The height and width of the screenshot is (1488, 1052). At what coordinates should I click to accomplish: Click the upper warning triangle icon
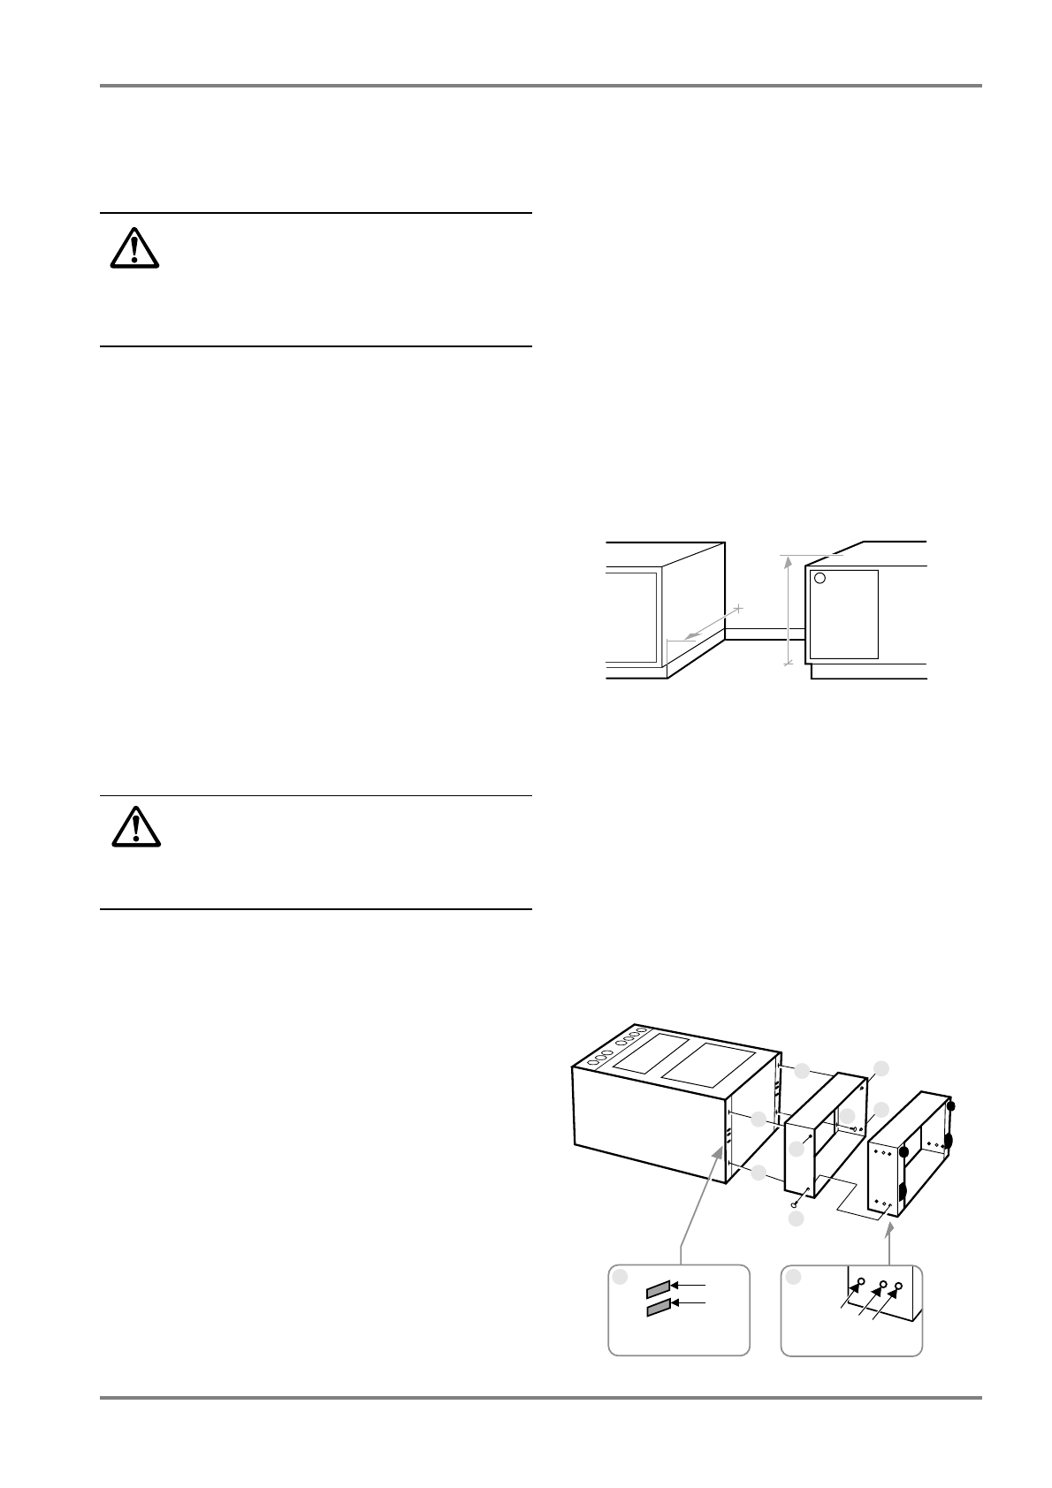134,248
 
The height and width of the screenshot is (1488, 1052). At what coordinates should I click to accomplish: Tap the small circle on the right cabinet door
819,579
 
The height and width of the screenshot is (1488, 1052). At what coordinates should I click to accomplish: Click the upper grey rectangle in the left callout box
657,1286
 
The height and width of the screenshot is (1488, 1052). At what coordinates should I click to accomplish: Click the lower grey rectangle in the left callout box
657,1308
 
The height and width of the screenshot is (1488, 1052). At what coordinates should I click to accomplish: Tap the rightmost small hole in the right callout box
900,1287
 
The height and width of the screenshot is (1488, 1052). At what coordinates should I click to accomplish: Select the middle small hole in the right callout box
881,1284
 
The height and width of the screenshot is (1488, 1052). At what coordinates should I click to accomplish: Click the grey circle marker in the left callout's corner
621,1276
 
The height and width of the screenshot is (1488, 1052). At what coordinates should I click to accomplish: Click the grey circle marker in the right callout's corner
794,1276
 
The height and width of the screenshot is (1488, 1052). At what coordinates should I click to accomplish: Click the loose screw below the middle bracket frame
795,1202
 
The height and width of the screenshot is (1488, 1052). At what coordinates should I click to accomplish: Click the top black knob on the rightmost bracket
949,1105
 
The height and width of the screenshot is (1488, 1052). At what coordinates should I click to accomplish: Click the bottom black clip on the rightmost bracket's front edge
903,1193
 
